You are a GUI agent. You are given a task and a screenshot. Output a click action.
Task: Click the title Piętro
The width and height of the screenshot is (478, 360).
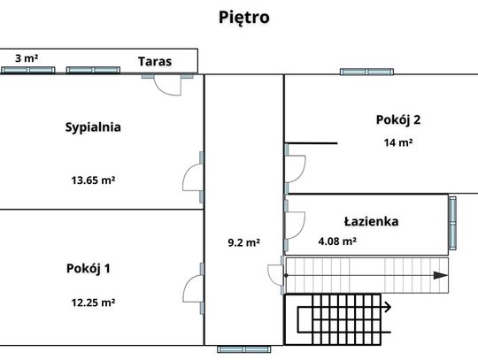[x=244, y=18]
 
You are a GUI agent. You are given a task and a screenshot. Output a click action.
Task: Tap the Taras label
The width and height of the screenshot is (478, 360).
[x=155, y=62]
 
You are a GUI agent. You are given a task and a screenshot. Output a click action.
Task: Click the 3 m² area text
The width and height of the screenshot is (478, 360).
[x=27, y=58]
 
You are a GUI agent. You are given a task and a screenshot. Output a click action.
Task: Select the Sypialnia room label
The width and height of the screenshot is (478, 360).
[x=93, y=127]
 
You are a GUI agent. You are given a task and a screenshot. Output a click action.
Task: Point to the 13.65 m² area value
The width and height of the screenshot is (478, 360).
[x=93, y=180]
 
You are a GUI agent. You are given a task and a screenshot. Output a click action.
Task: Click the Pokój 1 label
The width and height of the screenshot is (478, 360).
[x=89, y=269]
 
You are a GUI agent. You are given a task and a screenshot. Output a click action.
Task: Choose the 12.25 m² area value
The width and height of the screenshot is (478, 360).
[x=93, y=303]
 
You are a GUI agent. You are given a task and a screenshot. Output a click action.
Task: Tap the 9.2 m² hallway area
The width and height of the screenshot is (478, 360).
[x=244, y=242]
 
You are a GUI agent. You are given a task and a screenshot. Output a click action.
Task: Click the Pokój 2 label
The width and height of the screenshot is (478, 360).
[x=398, y=119]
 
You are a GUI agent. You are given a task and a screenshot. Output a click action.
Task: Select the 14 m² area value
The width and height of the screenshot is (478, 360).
[x=398, y=142]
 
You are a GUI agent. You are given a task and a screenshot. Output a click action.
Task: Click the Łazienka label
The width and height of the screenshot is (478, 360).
[x=371, y=221]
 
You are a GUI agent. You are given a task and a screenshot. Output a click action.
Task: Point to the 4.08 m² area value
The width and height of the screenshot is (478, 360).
[x=337, y=241]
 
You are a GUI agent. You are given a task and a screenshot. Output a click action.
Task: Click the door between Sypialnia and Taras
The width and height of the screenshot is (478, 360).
[x=167, y=85]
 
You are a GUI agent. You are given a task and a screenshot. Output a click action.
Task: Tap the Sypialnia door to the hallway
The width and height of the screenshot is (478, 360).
[x=193, y=177]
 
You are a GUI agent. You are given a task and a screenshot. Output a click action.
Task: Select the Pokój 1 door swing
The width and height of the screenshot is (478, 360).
[x=193, y=288]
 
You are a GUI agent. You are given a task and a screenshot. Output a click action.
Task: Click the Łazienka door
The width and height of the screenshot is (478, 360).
[x=295, y=226]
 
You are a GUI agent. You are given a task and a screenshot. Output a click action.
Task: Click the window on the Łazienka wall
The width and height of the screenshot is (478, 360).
[x=453, y=223]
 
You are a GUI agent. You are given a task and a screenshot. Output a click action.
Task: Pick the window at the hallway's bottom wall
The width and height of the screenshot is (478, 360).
[x=244, y=349]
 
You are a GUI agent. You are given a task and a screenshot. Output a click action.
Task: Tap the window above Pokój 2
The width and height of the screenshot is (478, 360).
[x=366, y=72]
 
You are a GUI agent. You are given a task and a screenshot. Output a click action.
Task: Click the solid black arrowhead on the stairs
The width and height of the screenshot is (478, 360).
[x=440, y=275]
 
